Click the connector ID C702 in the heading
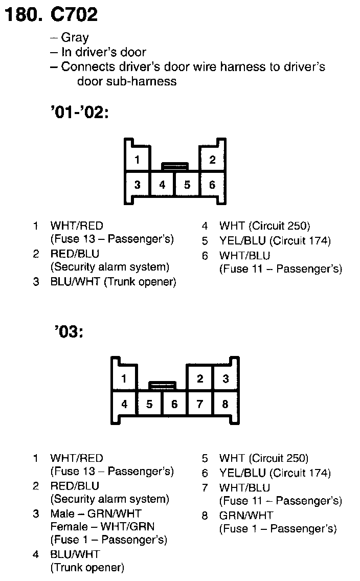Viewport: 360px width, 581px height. (74, 15)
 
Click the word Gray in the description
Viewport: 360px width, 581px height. (75, 37)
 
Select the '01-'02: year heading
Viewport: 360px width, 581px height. (80, 113)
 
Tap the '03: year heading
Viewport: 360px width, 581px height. (67, 332)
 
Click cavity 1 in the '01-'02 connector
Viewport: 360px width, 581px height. (137, 160)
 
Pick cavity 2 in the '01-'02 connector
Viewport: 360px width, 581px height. (212, 160)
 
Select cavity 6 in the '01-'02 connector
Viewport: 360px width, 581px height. (212, 185)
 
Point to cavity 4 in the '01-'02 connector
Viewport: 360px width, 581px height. (162, 185)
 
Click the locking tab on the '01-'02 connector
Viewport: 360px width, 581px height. (175, 166)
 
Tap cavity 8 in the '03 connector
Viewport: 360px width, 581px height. (225, 404)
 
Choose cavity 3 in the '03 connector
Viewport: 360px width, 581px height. (225, 379)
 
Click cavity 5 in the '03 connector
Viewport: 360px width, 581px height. (149, 404)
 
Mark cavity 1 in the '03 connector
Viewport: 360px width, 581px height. (124, 379)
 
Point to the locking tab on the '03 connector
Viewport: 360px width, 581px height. (162, 385)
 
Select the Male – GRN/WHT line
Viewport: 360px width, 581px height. (96, 513)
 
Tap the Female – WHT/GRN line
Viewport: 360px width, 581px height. (102, 526)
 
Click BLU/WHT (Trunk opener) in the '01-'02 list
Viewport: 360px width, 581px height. (113, 282)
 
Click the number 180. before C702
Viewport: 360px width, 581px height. (23, 15)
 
